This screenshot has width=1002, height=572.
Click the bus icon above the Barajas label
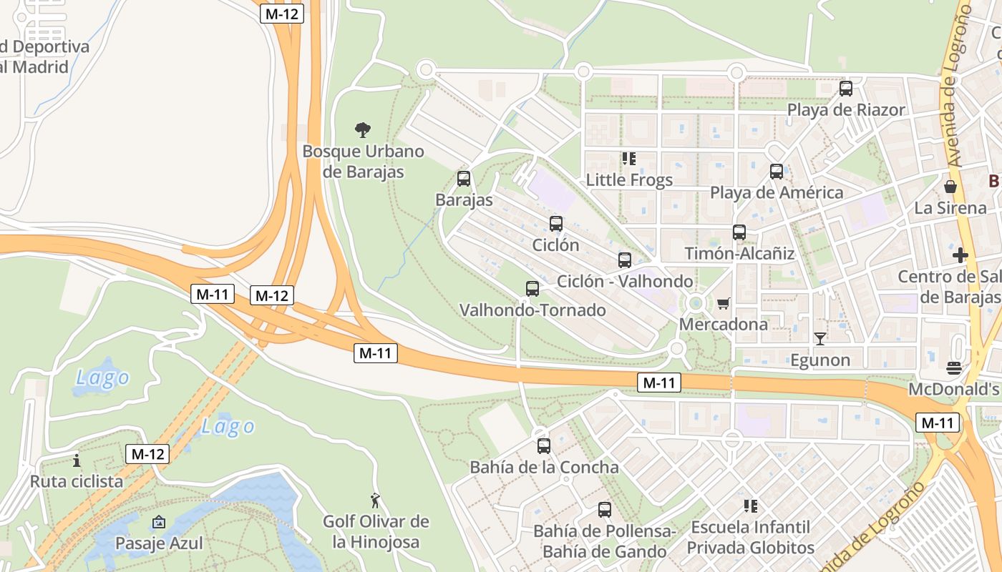coord(464,179)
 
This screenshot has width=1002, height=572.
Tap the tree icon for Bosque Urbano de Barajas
coord(363,130)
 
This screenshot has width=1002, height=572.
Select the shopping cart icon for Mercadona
coord(723,304)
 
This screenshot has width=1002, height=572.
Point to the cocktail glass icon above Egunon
coord(820,338)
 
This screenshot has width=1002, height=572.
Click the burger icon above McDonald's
coord(953,368)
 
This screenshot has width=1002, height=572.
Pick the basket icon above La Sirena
coord(950,187)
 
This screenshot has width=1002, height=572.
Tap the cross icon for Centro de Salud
coord(960,255)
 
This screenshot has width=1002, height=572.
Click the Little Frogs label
coord(629,179)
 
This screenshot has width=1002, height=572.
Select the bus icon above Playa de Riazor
coord(846,89)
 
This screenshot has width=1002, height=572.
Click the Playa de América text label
coord(777,193)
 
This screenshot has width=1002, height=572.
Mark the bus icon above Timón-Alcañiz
coord(739,232)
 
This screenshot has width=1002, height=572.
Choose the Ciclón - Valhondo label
coord(625,281)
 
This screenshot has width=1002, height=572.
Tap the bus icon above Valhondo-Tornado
coord(532,289)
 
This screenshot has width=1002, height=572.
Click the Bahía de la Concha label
coord(544,468)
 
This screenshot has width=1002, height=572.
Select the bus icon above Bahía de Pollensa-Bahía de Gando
coord(605,510)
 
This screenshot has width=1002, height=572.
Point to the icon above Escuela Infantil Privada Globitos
coord(750,506)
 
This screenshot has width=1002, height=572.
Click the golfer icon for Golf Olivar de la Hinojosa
coord(375,500)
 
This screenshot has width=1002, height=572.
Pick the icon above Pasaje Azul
coord(159,523)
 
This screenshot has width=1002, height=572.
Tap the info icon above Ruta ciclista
coord(77,460)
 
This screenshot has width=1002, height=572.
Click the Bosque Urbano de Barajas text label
coord(363,162)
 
